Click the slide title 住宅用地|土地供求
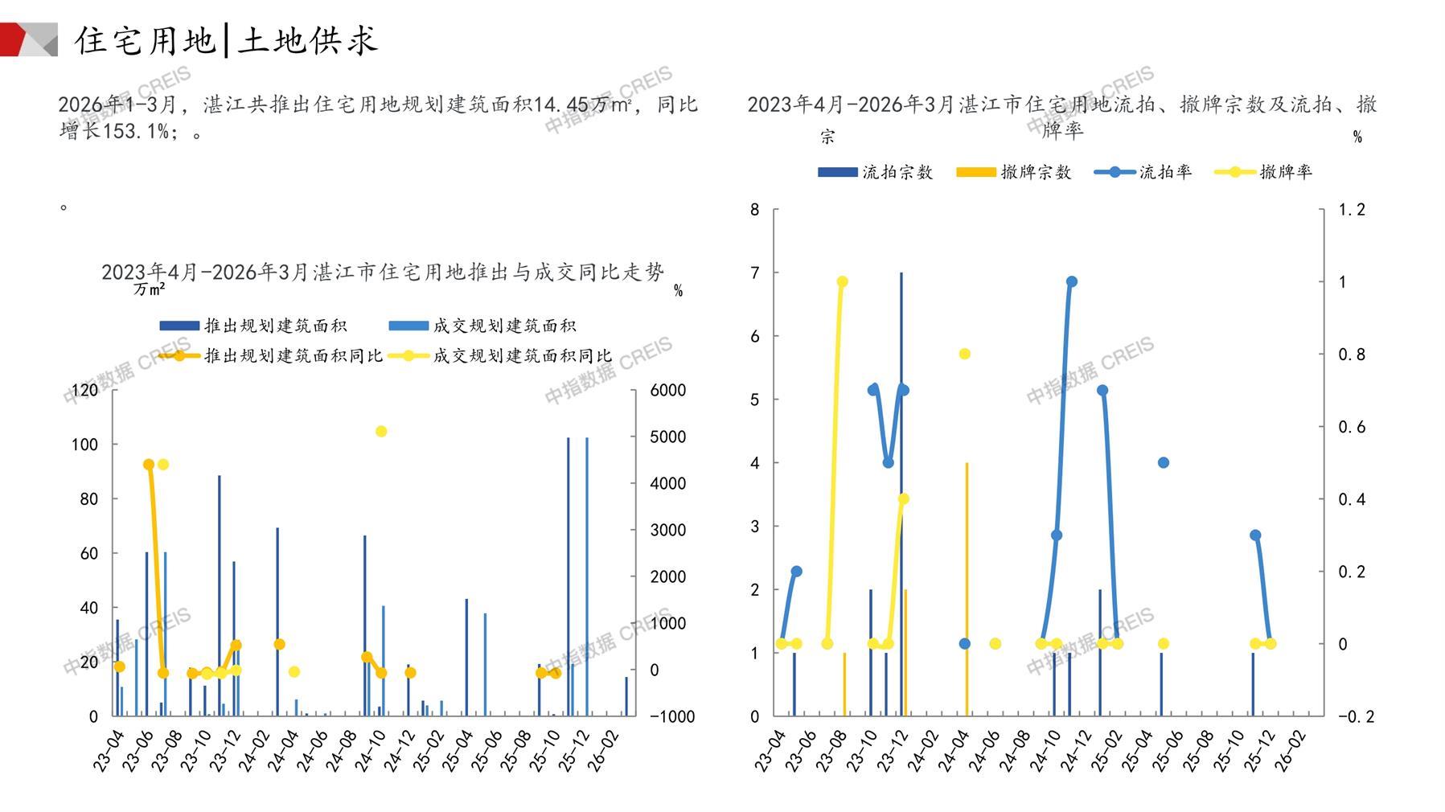[226, 40]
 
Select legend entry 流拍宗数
[876, 172]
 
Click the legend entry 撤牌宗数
[1014, 172]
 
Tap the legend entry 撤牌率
[1264, 172]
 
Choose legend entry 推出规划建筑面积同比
[271, 355]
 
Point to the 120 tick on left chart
[84, 390]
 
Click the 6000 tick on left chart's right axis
[667, 390]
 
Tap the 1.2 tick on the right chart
[1352, 210]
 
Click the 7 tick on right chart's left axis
[754, 273]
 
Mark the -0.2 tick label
[1356, 716]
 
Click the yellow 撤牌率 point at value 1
[842, 281]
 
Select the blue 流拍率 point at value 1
[1071, 281]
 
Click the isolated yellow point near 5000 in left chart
[381, 432]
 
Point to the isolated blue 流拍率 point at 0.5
[1163, 462]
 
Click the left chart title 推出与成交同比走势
[383, 273]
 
